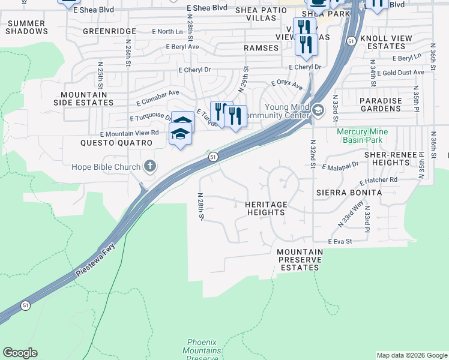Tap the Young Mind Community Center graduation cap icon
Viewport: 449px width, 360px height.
point(318,110)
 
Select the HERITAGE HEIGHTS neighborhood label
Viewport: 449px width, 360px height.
point(265,208)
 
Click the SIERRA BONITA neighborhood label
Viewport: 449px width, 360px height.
point(349,193)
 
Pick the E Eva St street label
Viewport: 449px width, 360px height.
point(339,241)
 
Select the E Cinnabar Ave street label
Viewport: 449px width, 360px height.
point(158,96)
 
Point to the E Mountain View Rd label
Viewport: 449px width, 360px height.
point(130,133)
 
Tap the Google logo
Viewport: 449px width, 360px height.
point(20,353)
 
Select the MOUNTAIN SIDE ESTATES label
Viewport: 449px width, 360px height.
point(88,98)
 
